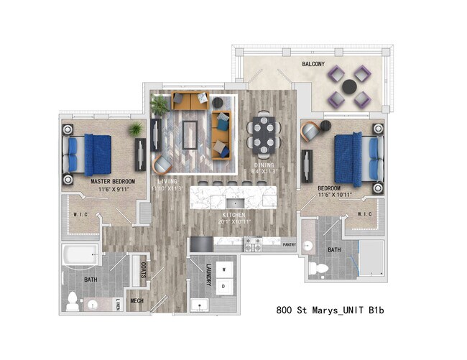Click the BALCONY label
click(x=311, y=63)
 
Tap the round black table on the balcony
click(x=349, y=87)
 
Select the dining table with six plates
click(x=264, y=134)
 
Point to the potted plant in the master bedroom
click(x=135, y=129)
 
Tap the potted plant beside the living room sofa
click(x=159, y=106)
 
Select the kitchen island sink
click(x=235, y=203)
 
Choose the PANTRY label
click(x=289, y=244)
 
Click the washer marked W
click(x=223, y=270)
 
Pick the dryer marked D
click(x=223, y=286)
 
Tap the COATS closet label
click(x=143, y=270)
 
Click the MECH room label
click(x=137, y=300)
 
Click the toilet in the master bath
click(x=73, y=302)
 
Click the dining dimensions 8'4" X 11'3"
click(x=263, y=171)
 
